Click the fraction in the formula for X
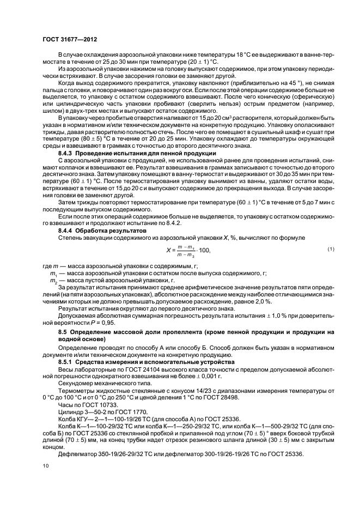pyautogui.click(x=185, y=251)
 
